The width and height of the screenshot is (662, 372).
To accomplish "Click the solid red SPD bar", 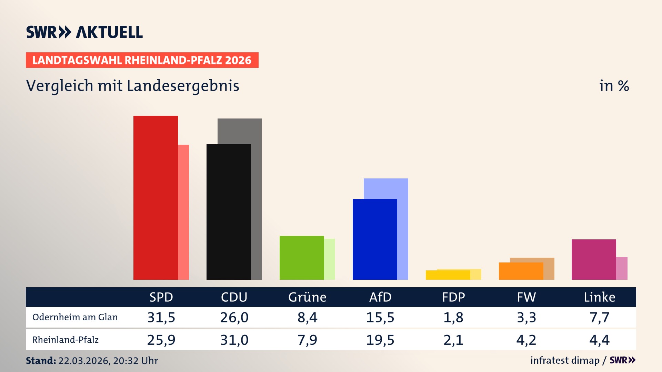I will (x=156, y=198).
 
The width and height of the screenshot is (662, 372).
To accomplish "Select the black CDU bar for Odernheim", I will (x=229, y=212).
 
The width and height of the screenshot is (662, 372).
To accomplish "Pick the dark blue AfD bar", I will (x=375, y=239).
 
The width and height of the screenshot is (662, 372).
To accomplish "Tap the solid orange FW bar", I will (x=521, y=271).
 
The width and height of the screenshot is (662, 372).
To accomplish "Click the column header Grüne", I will (x=307, y=297).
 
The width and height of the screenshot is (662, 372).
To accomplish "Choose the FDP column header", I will (x=453, y=297).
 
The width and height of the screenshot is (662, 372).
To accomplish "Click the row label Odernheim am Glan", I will (x=75, y=317).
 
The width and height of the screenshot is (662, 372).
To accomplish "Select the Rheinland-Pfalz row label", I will (x=66, y=340).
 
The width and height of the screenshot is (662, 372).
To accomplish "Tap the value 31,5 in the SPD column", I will (x=161, y=317).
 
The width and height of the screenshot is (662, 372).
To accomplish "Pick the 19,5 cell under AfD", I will (x=380, y=340).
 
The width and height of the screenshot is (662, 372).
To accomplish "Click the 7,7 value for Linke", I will (x=599, y=317).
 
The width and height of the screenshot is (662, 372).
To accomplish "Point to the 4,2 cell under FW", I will (x=526, y=340).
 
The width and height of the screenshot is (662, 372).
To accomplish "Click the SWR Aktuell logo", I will (x=84, y=32).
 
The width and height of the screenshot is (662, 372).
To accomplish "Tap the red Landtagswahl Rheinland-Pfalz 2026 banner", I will (x=142, y=60).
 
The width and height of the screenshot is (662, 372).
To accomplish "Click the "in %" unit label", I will (x=614, y=86).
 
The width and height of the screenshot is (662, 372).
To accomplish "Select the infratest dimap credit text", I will (x=565, y=360).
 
